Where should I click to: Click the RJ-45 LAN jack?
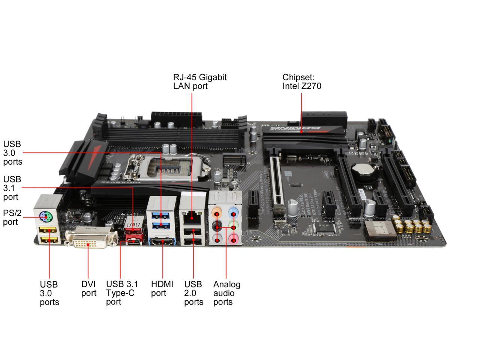[192, 216]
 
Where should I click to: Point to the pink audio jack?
[234, 239]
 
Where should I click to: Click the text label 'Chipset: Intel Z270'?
[301, 81]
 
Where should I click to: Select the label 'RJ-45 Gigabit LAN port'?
[199, 81]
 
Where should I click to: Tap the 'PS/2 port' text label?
[12, 217]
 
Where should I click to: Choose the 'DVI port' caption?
[88, 288]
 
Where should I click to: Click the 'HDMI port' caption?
[162, 288]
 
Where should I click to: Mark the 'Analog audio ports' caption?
[226, 293]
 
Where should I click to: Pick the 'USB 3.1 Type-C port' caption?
[122, 293]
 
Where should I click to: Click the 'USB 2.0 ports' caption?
[193, 293]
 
